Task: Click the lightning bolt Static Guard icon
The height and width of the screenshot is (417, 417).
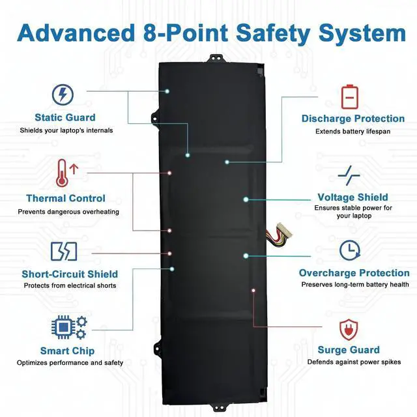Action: click(x=63, y=95)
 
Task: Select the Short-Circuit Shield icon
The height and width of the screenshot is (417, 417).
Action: click(x=64, y=251)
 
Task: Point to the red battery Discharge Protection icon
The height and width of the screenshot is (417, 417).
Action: click(x=351, y=96)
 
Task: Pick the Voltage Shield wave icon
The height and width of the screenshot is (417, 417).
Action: click(x=349, y=175)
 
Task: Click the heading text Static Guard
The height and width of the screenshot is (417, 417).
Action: click(x=65, y=118)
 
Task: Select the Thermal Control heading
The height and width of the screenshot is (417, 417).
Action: click(x=65, y=198)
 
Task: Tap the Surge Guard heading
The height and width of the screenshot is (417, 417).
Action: click(x=349, y=350)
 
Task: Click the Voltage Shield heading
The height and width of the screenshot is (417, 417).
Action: click(x=352, y=197)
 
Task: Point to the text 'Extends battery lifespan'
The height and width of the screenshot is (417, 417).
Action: click(x=352, y=131)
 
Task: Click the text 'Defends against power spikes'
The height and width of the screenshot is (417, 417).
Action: click(x=354, y=362)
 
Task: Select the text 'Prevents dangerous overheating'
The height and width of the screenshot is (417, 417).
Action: click(x=68, y=211)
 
